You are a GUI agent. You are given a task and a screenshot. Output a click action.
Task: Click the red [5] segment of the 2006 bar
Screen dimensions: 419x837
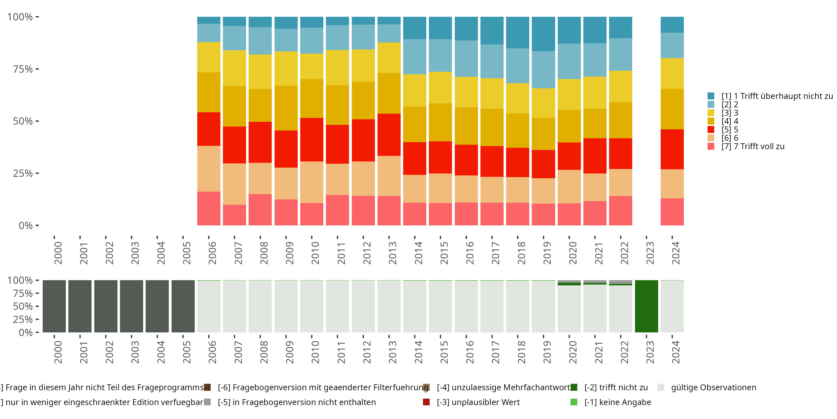(209, 129)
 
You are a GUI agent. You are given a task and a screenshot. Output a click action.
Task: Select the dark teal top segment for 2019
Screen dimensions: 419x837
(543, 34)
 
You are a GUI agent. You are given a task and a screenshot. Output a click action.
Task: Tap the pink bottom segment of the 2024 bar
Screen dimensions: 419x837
(672, 211)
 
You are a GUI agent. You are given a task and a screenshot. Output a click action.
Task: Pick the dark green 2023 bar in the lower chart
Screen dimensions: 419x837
(646, 306)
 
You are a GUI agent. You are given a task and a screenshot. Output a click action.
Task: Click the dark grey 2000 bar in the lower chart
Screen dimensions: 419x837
(54, 306)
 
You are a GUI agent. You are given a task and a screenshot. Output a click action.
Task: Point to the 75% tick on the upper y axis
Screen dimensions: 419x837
(37, 69)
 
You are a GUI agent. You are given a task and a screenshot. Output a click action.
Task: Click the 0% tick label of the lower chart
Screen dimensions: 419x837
(25, 332)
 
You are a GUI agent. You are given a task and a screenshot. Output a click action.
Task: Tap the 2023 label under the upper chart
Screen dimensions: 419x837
(650, 253)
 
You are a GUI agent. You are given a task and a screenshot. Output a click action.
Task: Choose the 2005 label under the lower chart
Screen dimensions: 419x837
(186, 352)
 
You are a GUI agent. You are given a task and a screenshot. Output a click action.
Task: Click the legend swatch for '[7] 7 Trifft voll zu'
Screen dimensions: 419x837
(711, 146)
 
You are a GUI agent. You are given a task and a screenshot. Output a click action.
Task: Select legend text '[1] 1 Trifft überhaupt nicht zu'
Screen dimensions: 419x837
(775, 96)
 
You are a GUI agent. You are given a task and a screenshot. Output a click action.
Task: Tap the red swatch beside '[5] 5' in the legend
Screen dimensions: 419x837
(711, 130)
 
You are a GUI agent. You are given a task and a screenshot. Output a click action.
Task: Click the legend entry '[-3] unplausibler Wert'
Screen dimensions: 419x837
(478, 402)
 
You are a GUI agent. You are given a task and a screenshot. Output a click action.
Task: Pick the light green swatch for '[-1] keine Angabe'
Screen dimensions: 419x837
(574, 402)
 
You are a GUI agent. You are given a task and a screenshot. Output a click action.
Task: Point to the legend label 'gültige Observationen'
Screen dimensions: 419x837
(713, 387)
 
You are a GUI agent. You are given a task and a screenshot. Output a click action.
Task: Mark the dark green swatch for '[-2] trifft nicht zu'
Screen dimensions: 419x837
(574, 387)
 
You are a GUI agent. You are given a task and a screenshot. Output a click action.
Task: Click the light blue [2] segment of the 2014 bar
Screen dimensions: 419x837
(415, 57)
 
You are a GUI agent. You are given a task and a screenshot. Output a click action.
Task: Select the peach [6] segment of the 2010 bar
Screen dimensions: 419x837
(312, 182)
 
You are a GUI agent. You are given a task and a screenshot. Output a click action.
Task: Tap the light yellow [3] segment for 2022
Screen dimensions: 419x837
(620, 86)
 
